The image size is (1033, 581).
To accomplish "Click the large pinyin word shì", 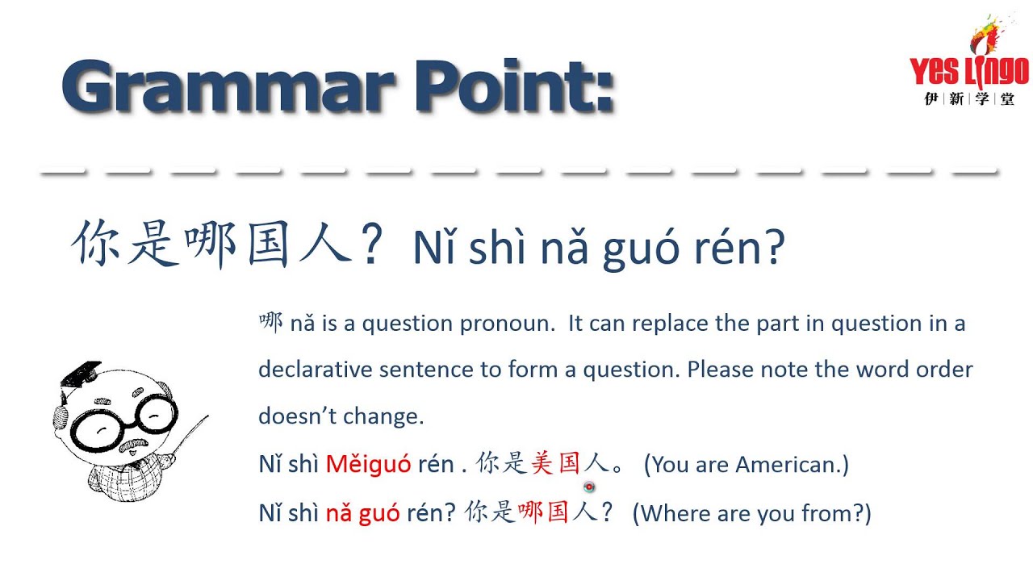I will (x=491, y=248).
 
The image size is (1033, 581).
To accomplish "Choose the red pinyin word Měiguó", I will (x=368, y=465).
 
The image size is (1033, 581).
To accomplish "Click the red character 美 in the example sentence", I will (x=542, y=463).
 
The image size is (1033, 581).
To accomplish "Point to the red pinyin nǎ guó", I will (x=362, y=513).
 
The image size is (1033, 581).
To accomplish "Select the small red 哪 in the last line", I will (x=529, y=512).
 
